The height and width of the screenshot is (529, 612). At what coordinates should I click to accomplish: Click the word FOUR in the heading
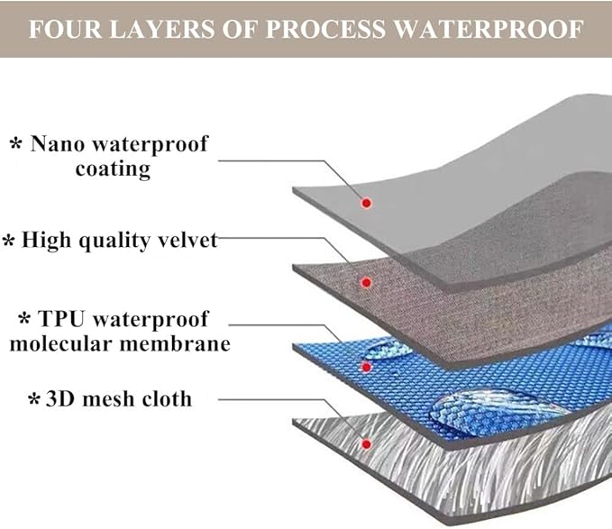pos(65,29)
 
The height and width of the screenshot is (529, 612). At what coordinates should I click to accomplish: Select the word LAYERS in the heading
pos(161,29)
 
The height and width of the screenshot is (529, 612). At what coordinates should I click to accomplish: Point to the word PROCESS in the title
pos(325,29)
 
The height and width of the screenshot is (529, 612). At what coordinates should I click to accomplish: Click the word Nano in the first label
pos(58,143)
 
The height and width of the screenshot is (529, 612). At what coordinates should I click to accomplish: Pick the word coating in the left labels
pos(113,169)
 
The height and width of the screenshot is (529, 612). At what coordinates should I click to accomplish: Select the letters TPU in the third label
pos(61,319)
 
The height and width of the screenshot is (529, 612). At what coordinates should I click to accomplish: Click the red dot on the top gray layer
pos(366,203)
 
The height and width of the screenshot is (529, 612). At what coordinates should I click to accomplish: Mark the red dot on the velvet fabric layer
pos(366,282)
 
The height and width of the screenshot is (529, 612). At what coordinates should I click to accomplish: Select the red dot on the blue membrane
pos(366,367)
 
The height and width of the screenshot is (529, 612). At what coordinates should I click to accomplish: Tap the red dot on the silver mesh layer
pos(366,444)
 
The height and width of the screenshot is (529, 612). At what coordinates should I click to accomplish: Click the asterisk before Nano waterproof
pos(15,143)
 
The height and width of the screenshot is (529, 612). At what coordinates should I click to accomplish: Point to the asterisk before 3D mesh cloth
pos(34,398)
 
